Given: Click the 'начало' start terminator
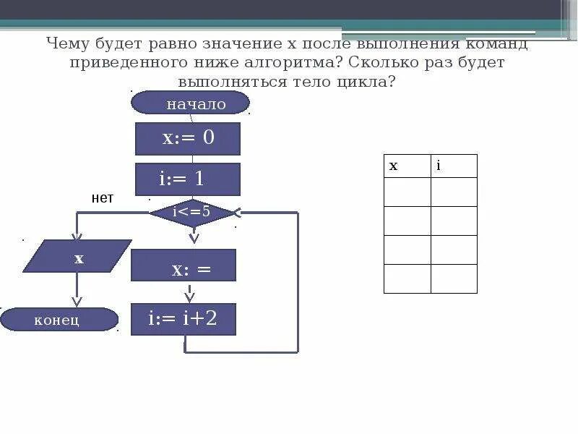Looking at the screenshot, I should click(190, 103).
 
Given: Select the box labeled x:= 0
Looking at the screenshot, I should click(188, 138).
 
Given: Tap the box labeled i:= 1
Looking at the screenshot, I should click(188, 179).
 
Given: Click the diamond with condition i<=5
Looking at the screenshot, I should click(192, 212).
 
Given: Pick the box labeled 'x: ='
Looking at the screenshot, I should click(184, 265).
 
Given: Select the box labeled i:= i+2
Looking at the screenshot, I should click(184, 319).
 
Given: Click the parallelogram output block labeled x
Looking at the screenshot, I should click(77, 257).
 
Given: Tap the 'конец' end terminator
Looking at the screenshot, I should click(59, 319).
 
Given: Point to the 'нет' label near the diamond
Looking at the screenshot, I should click(103, 198).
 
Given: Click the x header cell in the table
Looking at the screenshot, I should click(407, 166).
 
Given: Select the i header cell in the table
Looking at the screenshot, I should click(454, 166).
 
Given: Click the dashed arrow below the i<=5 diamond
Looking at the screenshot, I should click(193, 235).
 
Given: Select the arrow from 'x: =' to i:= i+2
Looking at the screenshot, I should click(190, 292).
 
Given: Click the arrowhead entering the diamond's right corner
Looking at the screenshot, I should click(239, 213).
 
